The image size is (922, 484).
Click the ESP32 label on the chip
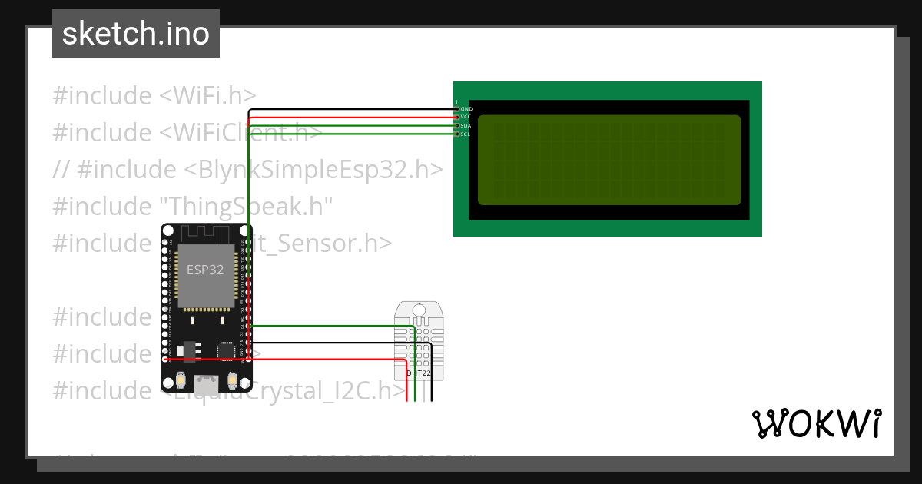click(204, 270)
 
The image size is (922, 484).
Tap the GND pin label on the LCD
click(466, 109)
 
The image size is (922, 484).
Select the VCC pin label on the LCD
click(466, 117)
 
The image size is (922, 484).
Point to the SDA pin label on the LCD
click(466, 125)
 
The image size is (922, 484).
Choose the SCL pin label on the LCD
click(466, 134)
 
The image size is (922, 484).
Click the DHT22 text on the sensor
click(418, 373)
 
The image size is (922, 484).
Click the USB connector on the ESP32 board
click(206, 382)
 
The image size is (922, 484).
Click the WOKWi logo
click(816, 423)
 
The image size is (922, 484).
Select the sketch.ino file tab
click(136, 34)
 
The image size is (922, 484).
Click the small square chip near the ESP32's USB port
click(226, 350)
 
